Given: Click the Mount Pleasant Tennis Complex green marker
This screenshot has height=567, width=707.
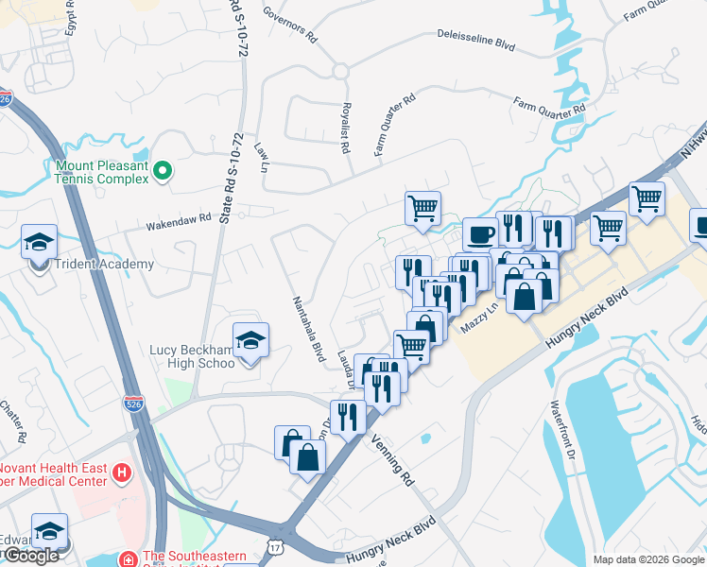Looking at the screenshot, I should (x=163, y=171).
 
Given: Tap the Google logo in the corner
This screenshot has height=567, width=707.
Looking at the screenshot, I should (x=31, y=556).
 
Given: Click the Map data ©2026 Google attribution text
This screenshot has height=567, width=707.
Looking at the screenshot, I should (x=647, y=558).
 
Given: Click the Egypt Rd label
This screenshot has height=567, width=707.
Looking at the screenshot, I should (x=71, y=15).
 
